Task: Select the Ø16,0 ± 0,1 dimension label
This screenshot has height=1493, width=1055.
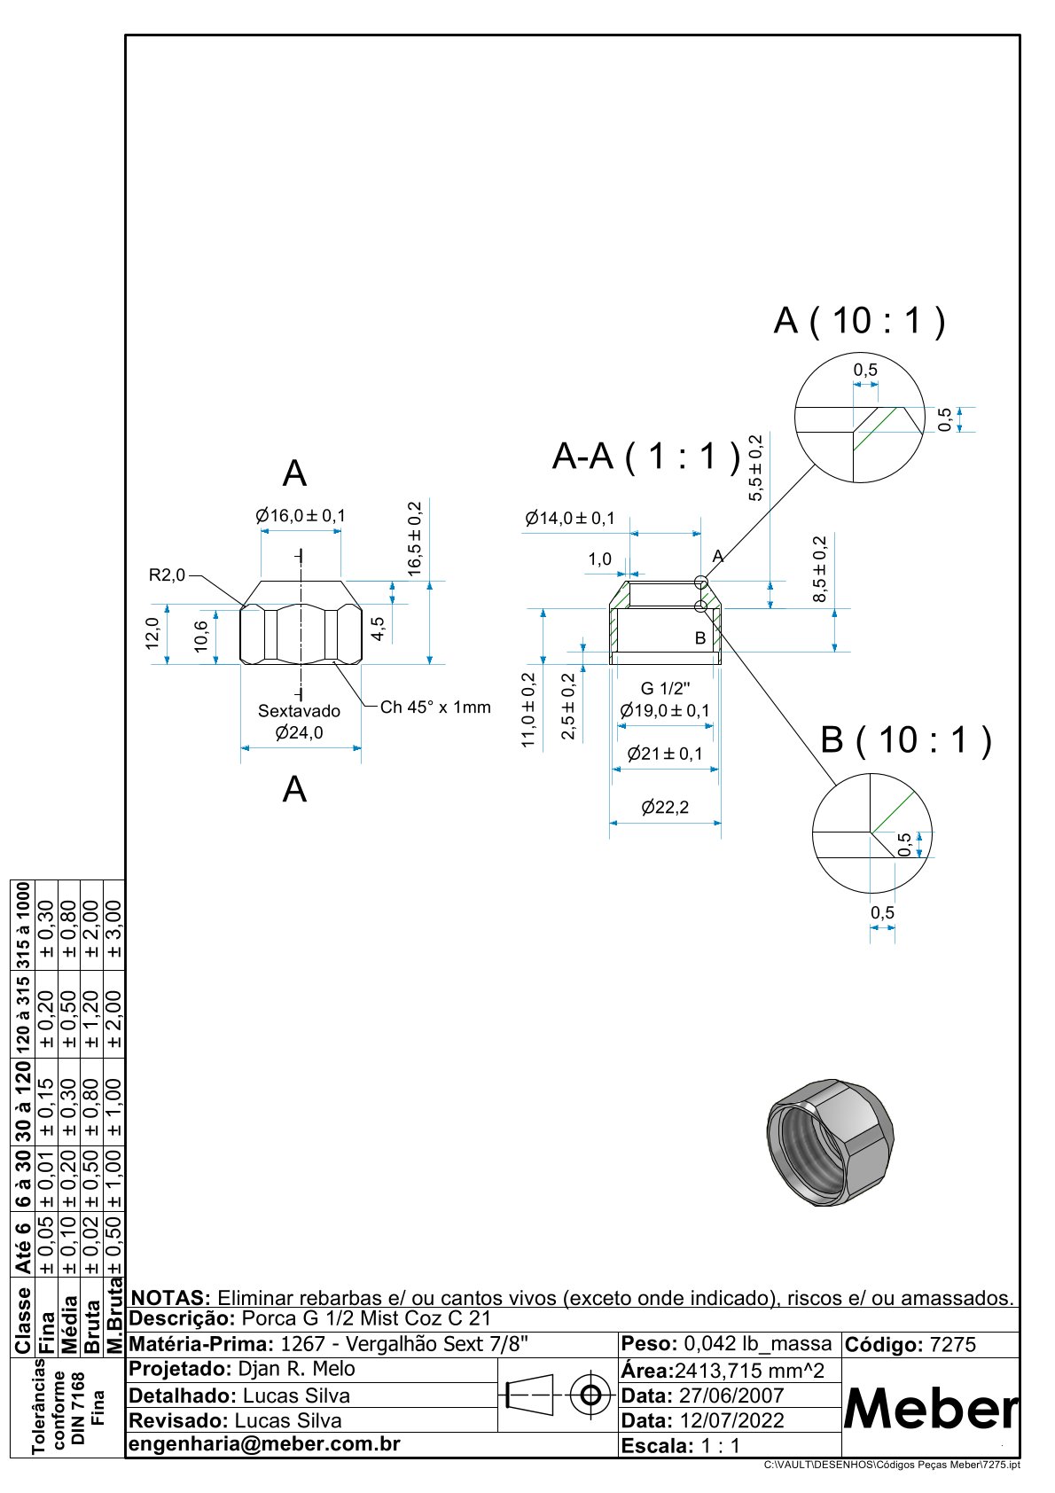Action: click(x=301, y=516)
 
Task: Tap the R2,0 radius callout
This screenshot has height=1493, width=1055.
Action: click(x=167, y=575)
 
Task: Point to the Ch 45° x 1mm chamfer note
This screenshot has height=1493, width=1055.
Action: click(x=435, y=707)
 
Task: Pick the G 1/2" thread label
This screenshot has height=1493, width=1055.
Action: click(x=665, y=689)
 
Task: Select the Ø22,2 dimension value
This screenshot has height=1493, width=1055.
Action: click(x=665, y=808)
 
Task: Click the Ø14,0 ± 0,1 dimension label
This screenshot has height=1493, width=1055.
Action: click(x=570, y=519)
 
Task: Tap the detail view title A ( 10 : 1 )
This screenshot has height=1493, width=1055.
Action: click(x=859, y=321)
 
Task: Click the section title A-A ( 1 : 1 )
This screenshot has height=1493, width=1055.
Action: click(x=645, y=457)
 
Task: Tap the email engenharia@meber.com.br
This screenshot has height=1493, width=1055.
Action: click(x=265, y=1444)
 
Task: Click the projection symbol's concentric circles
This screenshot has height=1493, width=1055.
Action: click(x=590, y=1396)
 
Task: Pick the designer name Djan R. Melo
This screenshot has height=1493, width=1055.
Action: click(x=297, y=1369)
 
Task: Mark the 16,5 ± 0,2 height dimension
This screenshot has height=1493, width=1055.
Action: click(x=415, y=539)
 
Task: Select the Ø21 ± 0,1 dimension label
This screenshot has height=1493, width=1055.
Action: click(x=665, y=754)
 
